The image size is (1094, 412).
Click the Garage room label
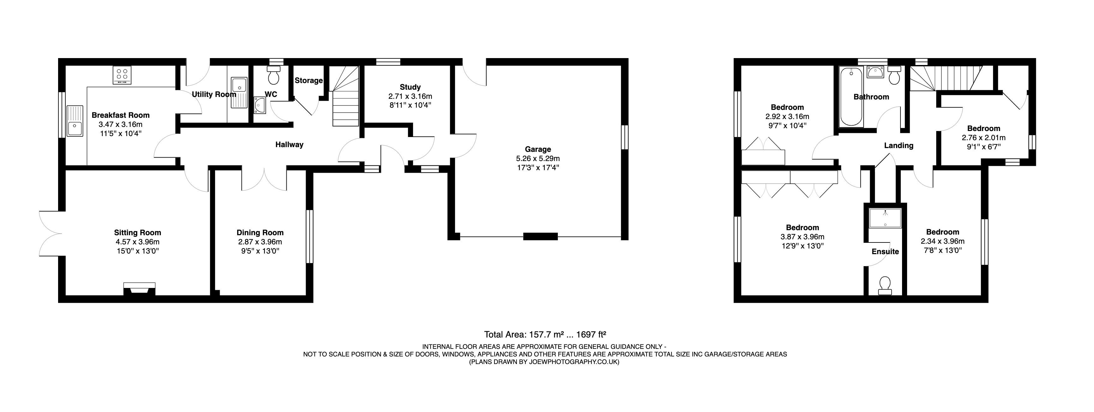(538, 149)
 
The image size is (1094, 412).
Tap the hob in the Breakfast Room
(122, 76)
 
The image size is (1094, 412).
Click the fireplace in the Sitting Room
(139, 289)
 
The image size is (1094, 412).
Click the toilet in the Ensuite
(886, 285)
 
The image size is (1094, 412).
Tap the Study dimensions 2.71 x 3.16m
(410, 96)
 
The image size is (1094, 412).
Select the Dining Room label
(260, 233)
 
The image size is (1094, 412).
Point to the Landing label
(899, 146)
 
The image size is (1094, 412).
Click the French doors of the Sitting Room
(51, 234)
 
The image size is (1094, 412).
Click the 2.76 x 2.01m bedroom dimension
(983, 138)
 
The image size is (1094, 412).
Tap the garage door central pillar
(540, 236)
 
